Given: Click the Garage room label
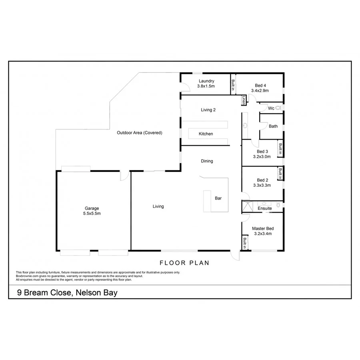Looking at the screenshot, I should [92, 211].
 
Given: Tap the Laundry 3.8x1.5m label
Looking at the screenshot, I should [206, 83].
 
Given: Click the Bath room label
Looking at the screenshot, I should [273, 126].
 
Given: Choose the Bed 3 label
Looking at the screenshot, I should [262, 154].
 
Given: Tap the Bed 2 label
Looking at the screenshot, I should [262, 183].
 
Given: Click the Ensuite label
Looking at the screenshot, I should [265, 208].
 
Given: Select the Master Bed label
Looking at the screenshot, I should [262, 231].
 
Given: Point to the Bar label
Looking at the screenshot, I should [218, 198].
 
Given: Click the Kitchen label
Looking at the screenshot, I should [206, 134].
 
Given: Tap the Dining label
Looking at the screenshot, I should [207, 161].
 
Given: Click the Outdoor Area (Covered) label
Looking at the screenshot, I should [140, 133].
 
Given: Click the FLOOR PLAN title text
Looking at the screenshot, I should [184, 263].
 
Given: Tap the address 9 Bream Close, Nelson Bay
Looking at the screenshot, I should [67, 293].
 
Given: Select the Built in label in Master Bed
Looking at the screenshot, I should [244, 242].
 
